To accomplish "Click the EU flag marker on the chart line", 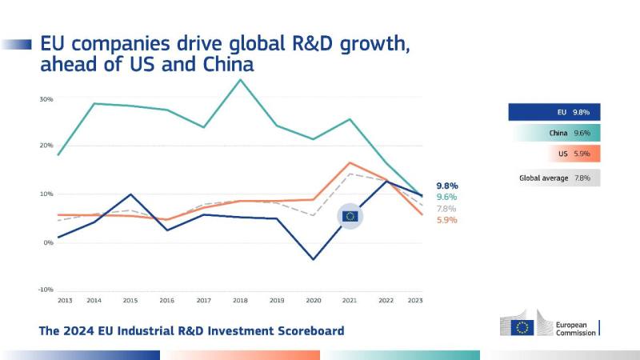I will pyautogui.click(x=350, y=216).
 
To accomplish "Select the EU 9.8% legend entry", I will pyautogui.click(x=554, y=113).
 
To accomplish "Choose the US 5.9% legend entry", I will pyautogui.click(x=554, y=154).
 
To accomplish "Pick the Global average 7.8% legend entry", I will pyautogui.click(x=554, y=178).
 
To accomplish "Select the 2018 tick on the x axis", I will pyautogui.click(x=241, y=300).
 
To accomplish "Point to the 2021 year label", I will pyautogui.click(x=349, y=300).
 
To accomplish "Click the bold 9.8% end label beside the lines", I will pyautogui.click(x=446, y=186).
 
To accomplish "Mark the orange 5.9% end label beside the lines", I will pyautogui.click(x=446, y=220).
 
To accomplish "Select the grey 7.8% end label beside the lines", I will pyautogui.click(x=446, y=209).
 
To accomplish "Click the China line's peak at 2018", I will pyautogui.click(x=241, y=79).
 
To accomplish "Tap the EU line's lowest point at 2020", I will pyautogui.click(x=314, y=259).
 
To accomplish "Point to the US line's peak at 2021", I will pyautogui.click(x=350, y=162).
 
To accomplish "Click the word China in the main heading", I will pyautogui.click(x=225, y=65).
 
